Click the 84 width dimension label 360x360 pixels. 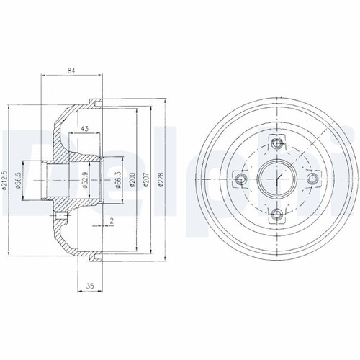click(x=71, y=71)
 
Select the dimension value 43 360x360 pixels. click(x=84, y=129)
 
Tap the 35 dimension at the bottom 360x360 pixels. click(x=90, y=286)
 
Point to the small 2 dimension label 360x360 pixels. click(x=112, y=221)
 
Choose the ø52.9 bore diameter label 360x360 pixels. click(x=85, y=180)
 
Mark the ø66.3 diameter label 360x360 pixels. click(x=117, y=180)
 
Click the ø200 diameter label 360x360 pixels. click(x=132, y=180)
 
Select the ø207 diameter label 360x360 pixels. click(x=145, y=180)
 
